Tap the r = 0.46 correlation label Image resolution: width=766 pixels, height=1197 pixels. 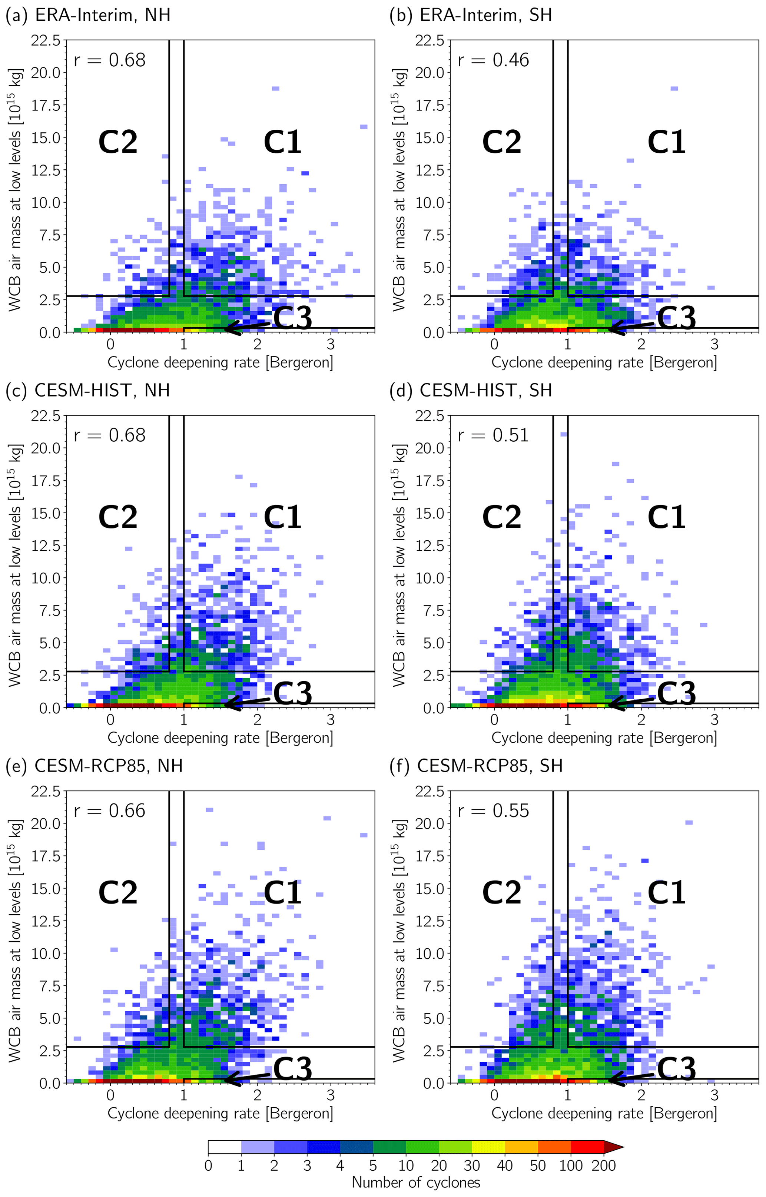493,60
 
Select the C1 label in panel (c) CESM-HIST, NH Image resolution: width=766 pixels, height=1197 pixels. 282,517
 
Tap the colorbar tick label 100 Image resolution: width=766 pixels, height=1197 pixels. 571,1165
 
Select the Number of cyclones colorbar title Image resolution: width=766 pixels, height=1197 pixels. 416,1182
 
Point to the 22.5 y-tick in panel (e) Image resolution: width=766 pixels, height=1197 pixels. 45,791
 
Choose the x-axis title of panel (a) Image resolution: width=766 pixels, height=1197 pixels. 220,362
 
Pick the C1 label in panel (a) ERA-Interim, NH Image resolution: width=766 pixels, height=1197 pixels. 282,142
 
